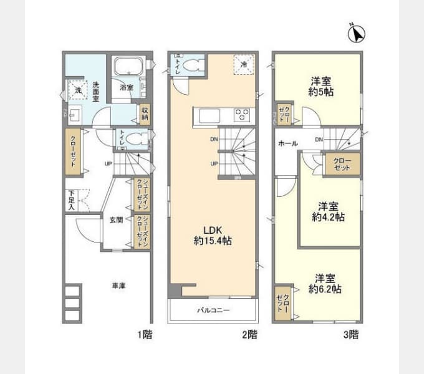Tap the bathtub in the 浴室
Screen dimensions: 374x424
coord(128,67)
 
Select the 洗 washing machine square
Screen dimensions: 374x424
coord(78,90)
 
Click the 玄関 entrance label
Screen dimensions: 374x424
coord(117,219)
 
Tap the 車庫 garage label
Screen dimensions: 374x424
coord(118,286)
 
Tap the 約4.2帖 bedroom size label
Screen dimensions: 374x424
coord(329,218)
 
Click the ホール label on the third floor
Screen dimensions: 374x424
coord(287,143)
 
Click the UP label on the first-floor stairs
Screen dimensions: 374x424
coord(108,164)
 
